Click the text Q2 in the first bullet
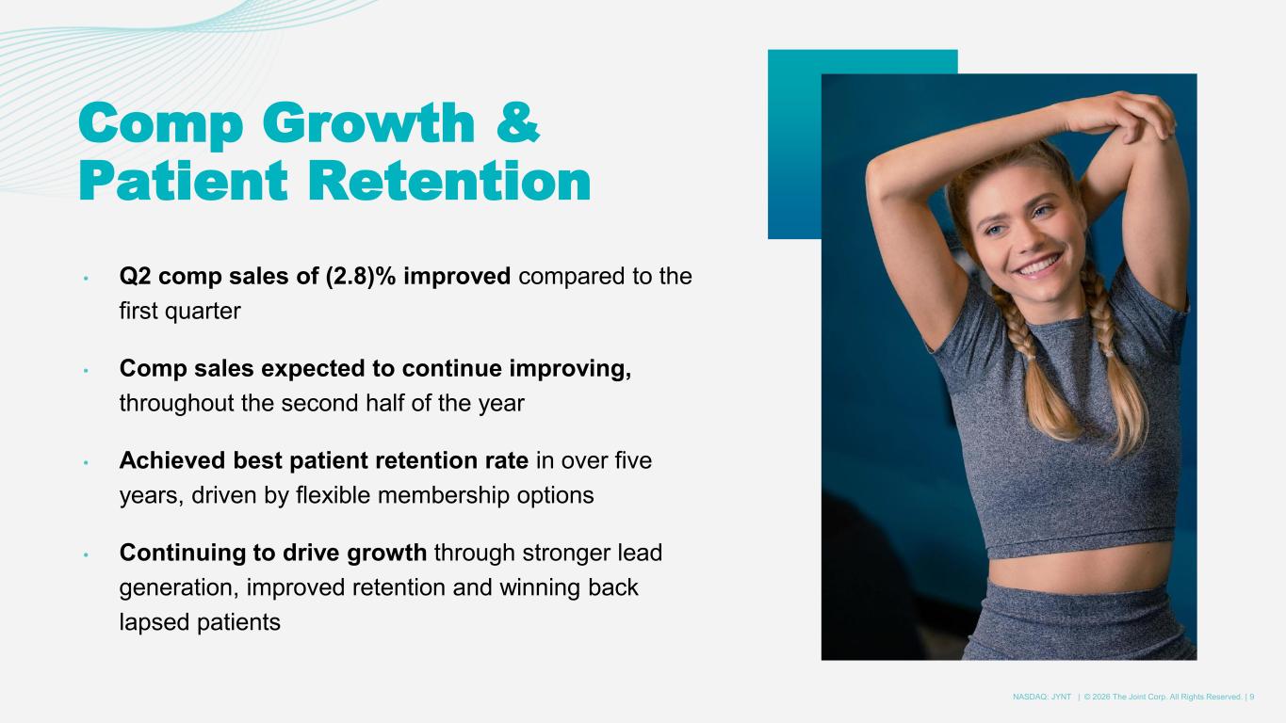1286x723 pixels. point(135,276)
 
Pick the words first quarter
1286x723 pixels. point(180,311)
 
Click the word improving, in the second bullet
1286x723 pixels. point(570,368)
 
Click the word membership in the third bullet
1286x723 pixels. point(443,495)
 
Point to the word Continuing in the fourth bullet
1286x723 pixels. point(183,553)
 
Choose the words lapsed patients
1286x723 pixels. point(200,622)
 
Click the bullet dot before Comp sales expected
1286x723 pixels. point(86,371)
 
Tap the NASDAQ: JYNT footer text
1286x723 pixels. point(1041,697)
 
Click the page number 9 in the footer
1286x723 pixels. point(1251,697)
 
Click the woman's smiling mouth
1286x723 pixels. point(1039,265)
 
